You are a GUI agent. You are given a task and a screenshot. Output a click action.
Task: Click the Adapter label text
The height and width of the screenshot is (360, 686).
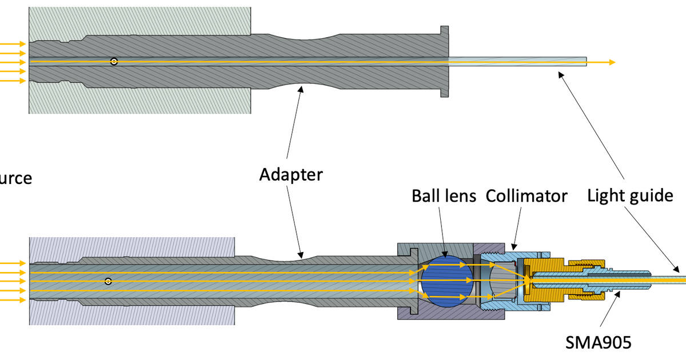point(291,174)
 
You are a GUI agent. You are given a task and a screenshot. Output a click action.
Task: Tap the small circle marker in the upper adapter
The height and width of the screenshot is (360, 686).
point(114,62)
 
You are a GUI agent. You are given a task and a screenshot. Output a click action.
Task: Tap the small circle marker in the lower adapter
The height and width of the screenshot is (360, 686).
point(108,281)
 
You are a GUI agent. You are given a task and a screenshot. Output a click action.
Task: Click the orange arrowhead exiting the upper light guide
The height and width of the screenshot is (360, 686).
point(611,62)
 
